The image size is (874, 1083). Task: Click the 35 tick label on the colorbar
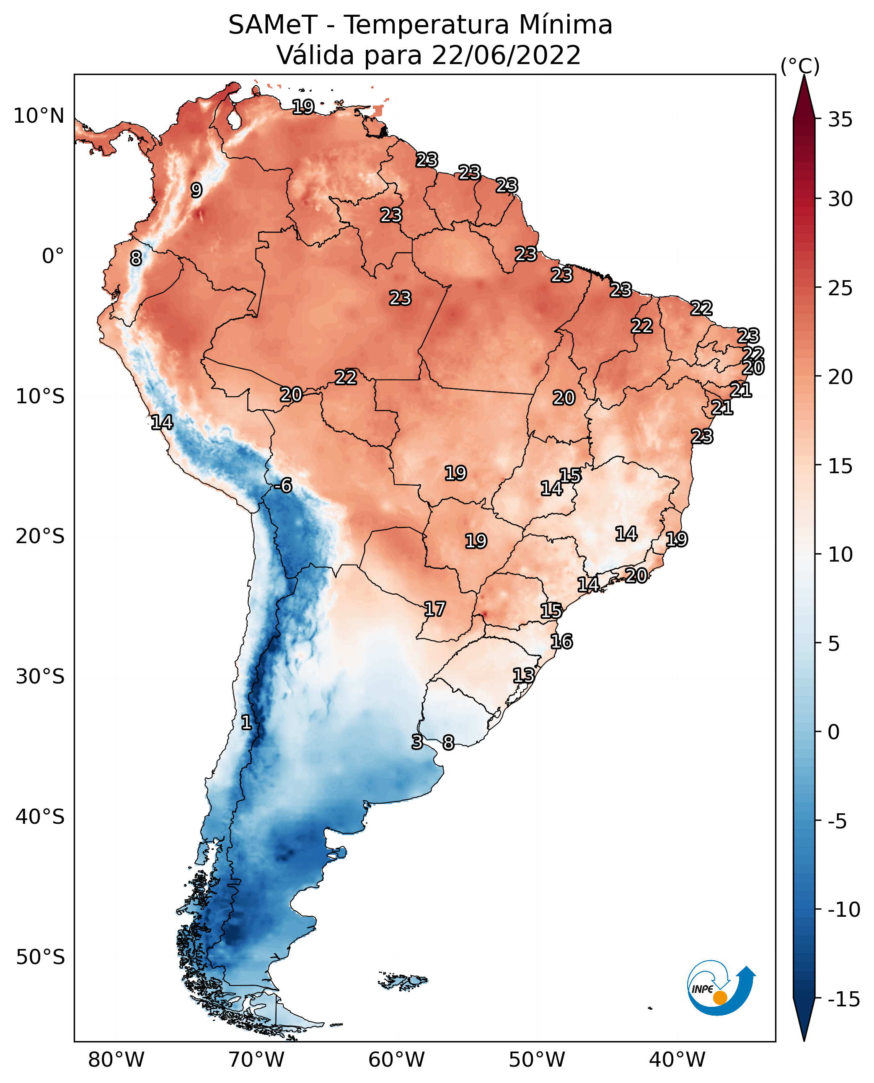coord(840,120)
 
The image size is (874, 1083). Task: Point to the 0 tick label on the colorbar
coord(834,732)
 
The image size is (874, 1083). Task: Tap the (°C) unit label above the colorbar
coord(800,66)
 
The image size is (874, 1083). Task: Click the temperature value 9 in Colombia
coord(197,190)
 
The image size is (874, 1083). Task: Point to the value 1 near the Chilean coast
coord(246,723)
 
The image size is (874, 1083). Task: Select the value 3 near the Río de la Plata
coord(417,742)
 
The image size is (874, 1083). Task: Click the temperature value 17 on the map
coord(434,609)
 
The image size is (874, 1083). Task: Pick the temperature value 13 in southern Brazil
coord(524,676)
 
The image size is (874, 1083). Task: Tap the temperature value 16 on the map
coord(561,642)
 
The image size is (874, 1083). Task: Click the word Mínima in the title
coord(566,25)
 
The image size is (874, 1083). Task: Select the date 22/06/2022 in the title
coord(507,55)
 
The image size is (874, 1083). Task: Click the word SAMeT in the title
coord(273,25)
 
